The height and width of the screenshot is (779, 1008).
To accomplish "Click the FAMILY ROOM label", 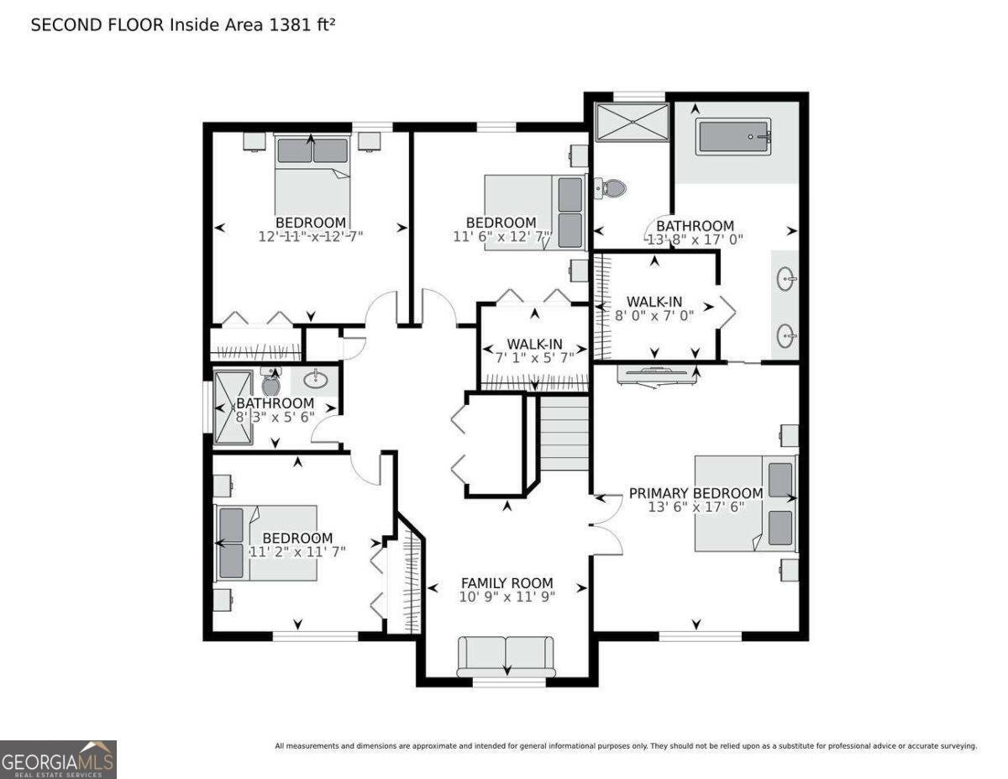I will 507,582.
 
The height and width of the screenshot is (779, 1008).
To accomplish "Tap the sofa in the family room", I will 506,655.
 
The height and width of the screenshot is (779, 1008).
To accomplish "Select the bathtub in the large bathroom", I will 734,137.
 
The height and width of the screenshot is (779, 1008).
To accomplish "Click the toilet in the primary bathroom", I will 612,188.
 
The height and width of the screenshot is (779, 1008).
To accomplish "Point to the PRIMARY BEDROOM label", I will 696,493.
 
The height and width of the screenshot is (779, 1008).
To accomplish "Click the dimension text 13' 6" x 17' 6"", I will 696,507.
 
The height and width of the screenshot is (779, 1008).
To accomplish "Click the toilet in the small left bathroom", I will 270,383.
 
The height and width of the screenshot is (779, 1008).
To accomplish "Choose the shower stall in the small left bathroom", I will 233,408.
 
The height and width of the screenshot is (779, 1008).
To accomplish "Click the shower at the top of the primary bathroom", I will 632,123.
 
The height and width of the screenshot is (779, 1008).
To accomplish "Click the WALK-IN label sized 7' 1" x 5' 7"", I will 534,344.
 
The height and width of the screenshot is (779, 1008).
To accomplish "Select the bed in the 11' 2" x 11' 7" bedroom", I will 265,543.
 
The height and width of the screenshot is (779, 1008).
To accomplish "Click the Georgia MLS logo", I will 58,759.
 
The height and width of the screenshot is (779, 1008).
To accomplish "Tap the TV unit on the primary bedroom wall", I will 657,375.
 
